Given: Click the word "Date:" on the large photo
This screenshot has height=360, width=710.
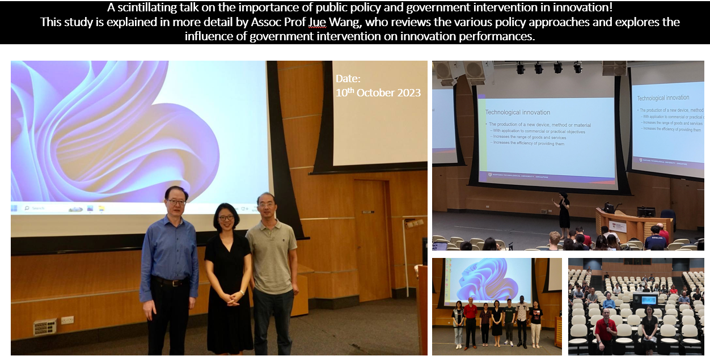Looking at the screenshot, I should (348, 79).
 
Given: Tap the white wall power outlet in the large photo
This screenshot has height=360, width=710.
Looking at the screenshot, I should (67, 320).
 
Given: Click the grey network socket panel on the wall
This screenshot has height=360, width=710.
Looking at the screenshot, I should (44, 327).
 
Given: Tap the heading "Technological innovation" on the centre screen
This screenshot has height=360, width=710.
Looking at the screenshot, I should (517, 112).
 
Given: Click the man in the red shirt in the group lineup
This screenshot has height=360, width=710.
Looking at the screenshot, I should (470, 322).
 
